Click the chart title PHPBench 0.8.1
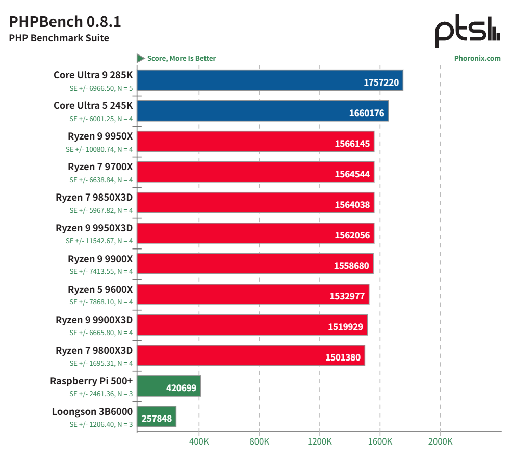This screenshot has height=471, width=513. click(65, 22)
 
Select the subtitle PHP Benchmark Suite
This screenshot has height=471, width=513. click(59, 38)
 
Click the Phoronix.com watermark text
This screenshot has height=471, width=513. click(477, 58)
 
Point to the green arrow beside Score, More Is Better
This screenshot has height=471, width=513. click(141, 58)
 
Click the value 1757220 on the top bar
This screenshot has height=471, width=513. click(381, 82)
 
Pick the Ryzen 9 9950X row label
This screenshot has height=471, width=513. click(100, 136)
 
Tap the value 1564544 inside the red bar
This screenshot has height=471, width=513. click(352, 174)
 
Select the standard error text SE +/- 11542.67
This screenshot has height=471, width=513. click(99, 241)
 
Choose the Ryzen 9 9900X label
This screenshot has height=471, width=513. click(100, 259)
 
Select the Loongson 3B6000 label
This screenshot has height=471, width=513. click(92, 411)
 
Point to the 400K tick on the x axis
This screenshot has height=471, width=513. click(199, 441)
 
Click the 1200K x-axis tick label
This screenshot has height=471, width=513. click(320, 441)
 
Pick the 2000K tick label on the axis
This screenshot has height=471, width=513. click(440, 441)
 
